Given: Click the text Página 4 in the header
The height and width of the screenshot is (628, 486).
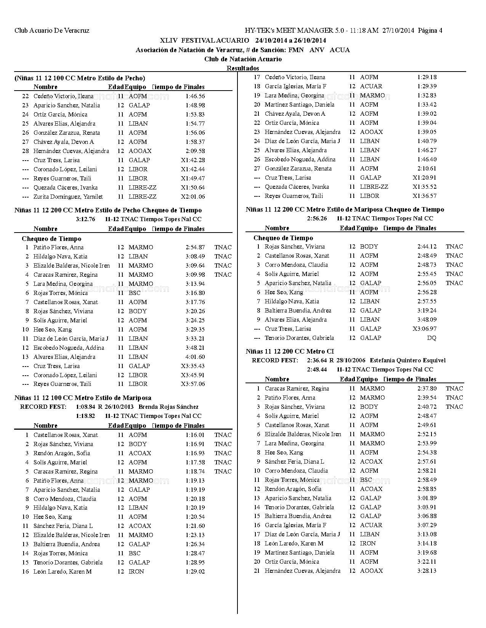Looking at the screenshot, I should click(x=430, y=30).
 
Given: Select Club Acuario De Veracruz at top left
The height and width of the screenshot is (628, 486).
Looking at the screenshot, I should click(x=52, y=30).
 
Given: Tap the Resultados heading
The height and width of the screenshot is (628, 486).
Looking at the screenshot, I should click(x=243, y=68).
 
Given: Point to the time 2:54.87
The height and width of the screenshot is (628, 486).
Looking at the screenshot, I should click(x=195, y=247).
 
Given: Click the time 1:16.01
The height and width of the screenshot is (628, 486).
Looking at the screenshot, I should click(x=195, y=435).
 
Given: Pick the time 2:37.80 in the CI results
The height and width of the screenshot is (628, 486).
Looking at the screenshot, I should click(x=427, y=389).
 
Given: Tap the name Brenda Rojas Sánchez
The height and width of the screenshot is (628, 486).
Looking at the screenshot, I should click(x=168, y=407).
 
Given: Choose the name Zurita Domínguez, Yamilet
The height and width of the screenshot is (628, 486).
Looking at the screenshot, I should click(x=68, y=197).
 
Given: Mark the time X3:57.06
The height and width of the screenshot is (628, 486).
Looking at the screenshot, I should click(x=193, y=384).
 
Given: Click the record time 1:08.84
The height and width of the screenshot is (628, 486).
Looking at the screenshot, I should click(x=86, y=407).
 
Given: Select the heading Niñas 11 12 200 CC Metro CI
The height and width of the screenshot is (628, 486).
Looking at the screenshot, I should click(x=290, y=351).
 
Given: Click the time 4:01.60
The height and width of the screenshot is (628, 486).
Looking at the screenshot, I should click(x=195, y=357).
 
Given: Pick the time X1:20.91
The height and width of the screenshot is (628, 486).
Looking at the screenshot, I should click(x=425, y=178).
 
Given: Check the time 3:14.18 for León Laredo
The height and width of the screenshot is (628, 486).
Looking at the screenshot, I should click(x=427, y=544).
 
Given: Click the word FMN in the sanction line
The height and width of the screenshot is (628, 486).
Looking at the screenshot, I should click(x=296, y=50).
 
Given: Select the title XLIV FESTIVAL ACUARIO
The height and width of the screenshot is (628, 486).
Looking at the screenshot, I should click(x=205, y=40).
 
